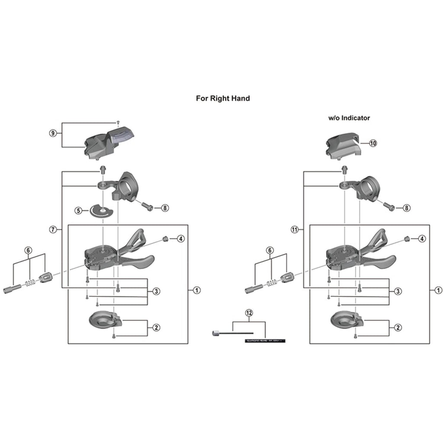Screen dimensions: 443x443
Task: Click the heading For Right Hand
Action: click(223, 98)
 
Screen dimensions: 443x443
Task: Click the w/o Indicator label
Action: click(349, 118)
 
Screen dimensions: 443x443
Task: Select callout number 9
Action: click(53, 133)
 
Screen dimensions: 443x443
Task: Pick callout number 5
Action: click(78, 211)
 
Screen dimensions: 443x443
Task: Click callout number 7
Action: click(53, 230)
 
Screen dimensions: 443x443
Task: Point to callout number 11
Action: click(295, 230)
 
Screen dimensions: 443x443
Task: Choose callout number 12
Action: click(248, 312)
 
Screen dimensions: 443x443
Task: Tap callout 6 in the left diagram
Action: click(29, 250)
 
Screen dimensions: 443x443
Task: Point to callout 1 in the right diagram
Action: click(439, 290)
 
